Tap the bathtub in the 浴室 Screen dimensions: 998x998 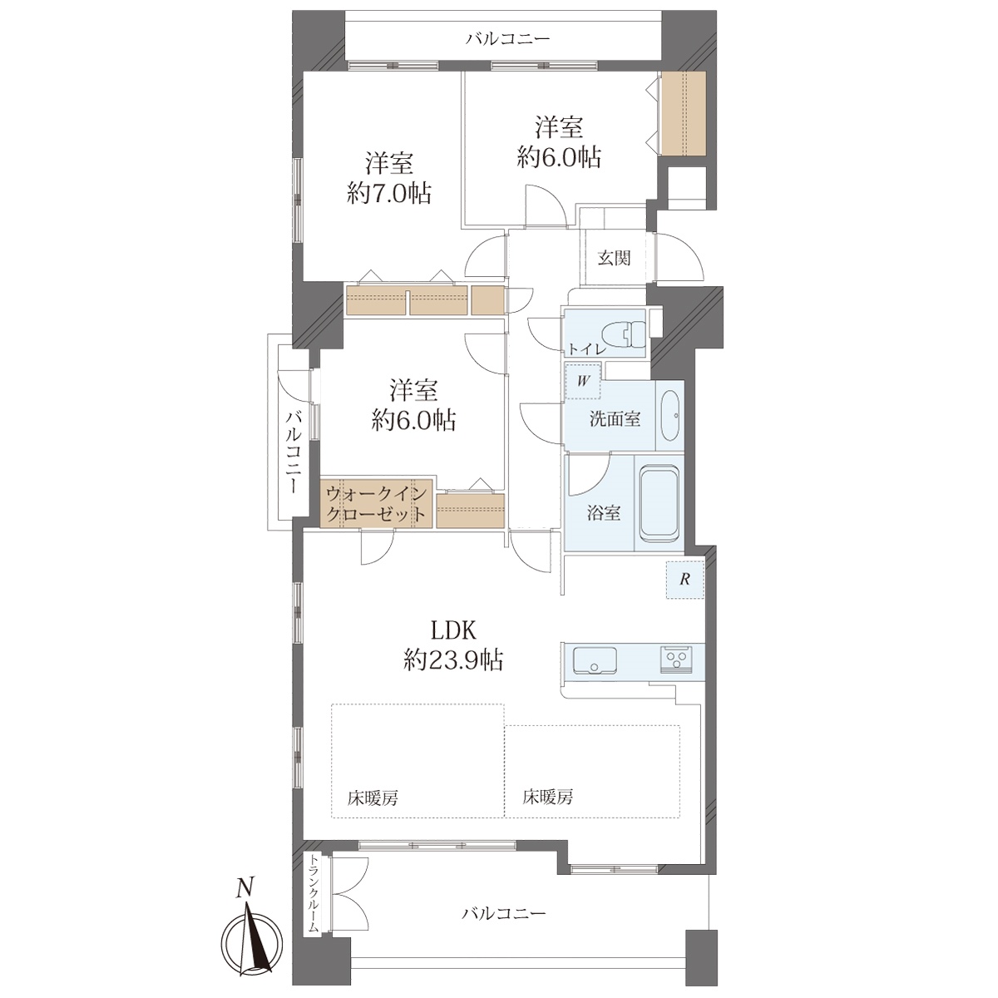click(x=660, y=503)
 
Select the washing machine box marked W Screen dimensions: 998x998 click(x=583, y=381)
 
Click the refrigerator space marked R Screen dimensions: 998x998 click(x=684, y=579)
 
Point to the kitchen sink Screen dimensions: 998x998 click(x=595, y=660)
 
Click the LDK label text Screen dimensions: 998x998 click(x=454, y=630)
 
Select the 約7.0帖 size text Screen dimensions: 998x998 click(x=389, y=194)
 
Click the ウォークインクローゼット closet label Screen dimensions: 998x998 click(x=377, y=503)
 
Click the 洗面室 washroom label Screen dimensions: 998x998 click(x=615, y=419)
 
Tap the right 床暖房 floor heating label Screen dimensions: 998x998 click(x=548, y=797)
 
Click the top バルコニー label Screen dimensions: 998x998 click(x=507, y=39)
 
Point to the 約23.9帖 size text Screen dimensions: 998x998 click(x=454, y=661)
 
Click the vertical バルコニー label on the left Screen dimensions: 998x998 click(x=294, y=451)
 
